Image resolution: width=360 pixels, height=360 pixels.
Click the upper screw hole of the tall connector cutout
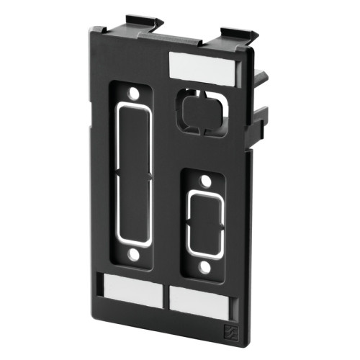click(132, 94)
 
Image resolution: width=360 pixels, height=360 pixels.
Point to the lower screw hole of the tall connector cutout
click(132, 254)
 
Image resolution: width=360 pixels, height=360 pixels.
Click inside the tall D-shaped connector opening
click(132, 174)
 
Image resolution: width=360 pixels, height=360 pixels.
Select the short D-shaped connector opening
click(204, 224)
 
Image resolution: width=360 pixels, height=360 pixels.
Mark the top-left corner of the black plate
click(94, 30)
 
